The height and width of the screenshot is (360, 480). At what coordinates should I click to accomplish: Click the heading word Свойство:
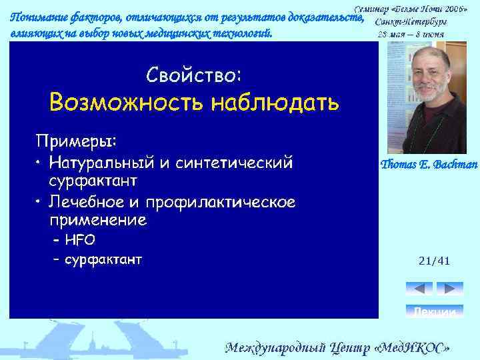coord(193,75)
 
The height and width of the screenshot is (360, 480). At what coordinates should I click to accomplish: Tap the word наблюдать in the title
coord(275,103)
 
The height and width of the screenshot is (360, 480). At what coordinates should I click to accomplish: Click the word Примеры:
coord(76,141)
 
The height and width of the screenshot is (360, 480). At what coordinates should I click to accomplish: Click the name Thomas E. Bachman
coord(428,165)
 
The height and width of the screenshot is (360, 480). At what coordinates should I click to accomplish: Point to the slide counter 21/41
coord(434,261)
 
